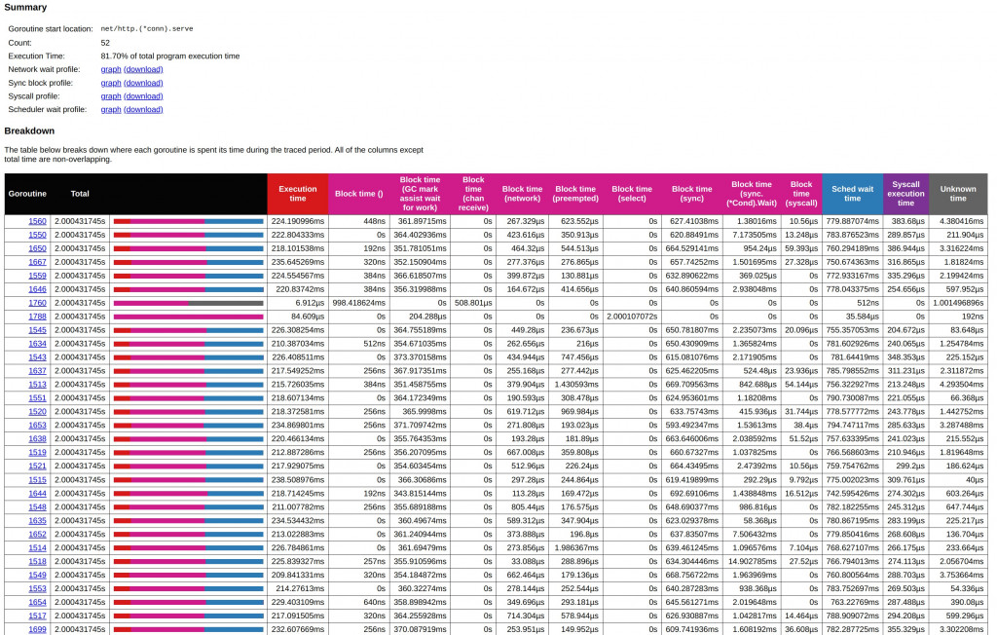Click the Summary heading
click(25, 7)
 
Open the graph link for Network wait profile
click(111, 69)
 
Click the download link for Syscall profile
click(143, 96)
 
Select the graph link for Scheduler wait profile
click(111, 109)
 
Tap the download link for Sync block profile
click(143, 83)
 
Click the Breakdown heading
click(29, 131)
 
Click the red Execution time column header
click(298, 194)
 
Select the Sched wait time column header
click(852, 194)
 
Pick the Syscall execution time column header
click(905, 194)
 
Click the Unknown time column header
click(958, 194)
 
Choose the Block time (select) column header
click(632, 194)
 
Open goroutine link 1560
click(37, 221)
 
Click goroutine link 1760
click(37, 303)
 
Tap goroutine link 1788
click(37, 317)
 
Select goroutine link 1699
click(37, 629)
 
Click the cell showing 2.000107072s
click(631, 317)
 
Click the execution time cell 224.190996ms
click(298, 221)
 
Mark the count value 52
click(105, 43)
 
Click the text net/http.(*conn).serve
click(147, 29)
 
